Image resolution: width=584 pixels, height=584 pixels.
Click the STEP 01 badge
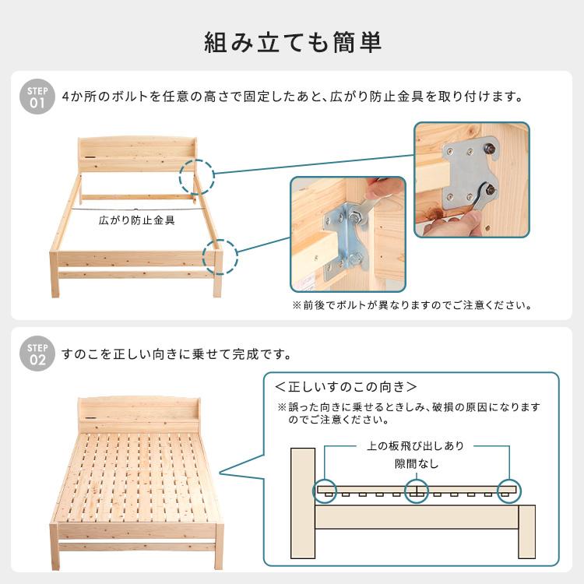click(x=37, y=97)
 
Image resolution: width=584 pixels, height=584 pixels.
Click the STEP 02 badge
click(x=37, y=354)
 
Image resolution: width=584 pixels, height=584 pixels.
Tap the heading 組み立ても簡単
click(x=292, y=42)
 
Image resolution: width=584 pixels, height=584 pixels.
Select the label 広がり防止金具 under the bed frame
click(x=137, y=220)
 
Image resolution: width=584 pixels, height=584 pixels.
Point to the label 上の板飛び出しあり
click(x=415, y=446)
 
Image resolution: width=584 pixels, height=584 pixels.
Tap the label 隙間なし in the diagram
click(x=417, y=464)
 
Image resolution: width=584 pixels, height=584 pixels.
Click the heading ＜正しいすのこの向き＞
click(x=345, y=387)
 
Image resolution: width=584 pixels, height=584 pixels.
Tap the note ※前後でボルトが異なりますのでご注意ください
click(x=412, y=305)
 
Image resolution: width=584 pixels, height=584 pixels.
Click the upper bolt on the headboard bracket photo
click(x=489, y=149)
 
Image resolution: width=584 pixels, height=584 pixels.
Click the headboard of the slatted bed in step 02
click(x=139, y=414)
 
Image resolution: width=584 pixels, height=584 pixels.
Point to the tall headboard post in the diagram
click(x=302, y=503)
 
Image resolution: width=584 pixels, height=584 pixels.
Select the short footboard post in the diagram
click(x=526, y=532)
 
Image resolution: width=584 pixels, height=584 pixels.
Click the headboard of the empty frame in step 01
click(x=138, y=154)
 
